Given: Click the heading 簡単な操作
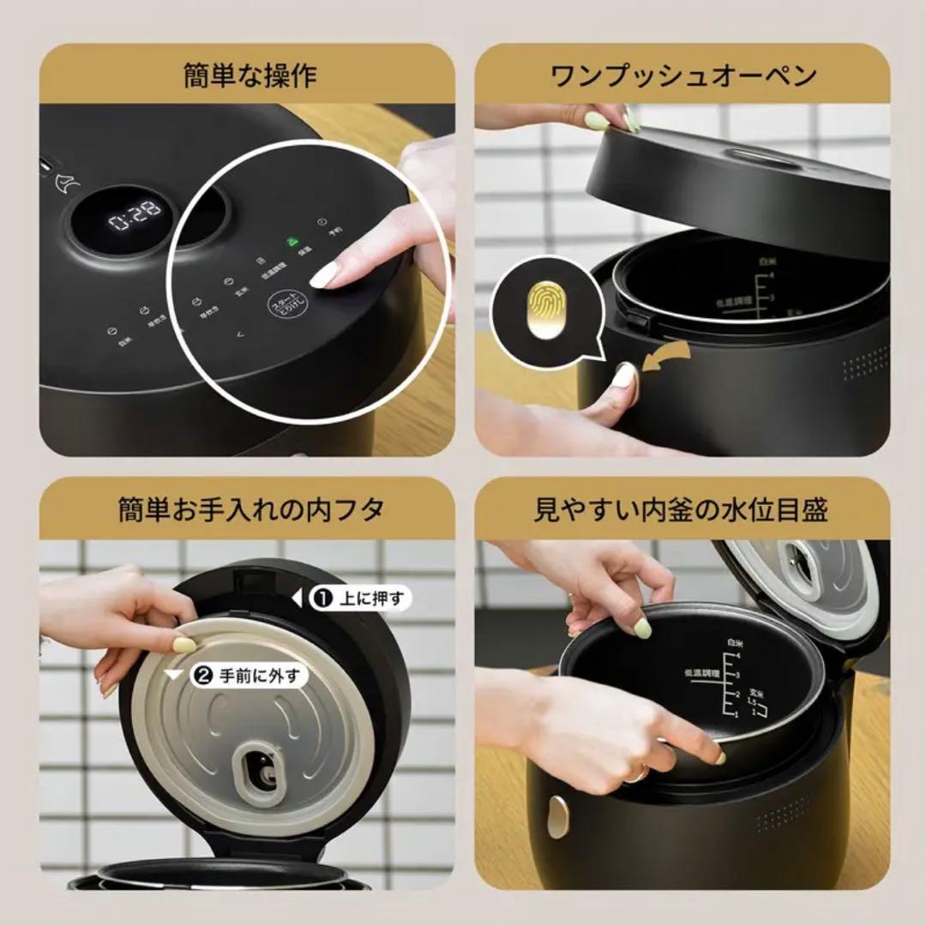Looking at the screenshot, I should click(250, 75).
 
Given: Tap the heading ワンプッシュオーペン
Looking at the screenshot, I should click(682, 75).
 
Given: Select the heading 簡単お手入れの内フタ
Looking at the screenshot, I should click(250, 510).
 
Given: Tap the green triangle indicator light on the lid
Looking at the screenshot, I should click(292, 242).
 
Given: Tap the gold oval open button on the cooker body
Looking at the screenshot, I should click(557, 817).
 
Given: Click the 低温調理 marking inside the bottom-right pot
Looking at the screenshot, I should click(700, 673).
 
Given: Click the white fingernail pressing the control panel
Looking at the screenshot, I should click(323, 275).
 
